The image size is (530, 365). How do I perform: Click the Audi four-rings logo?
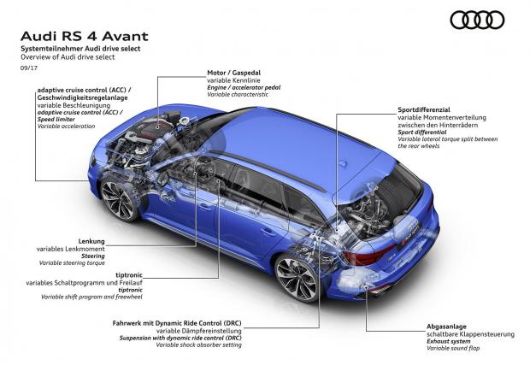[477, 20]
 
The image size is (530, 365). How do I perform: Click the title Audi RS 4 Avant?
[85, 36]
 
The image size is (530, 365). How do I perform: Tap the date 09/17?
[29, 68]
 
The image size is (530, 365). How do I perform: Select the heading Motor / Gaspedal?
[234, 73]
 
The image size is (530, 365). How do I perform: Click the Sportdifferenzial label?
[424, 109]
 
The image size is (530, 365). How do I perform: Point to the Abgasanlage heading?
[446, 327]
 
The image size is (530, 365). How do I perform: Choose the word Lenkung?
[91, 241]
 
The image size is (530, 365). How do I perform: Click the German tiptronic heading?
[129, 275]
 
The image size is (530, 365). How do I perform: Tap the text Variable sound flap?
[453, 348]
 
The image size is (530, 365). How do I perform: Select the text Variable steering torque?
[72, 263]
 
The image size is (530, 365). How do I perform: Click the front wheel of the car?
[119, 200]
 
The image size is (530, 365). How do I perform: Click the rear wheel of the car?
[297, 278]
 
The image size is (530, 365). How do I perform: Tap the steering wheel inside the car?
[202, 169]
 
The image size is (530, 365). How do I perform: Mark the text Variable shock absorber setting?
[198, 345]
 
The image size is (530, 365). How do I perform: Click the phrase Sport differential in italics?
[422, 132]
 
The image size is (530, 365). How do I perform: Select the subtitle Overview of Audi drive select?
[68, 57]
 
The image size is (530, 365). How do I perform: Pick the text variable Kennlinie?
[233, 80]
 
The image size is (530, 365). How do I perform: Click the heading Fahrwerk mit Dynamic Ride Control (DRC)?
[177, 323]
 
